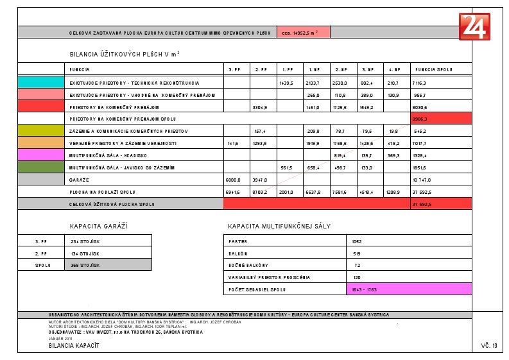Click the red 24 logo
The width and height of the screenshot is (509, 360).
click(x=474, y=26)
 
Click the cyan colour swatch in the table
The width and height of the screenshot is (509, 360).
click(x=40, y=83)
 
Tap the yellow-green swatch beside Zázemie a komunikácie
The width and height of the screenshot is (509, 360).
click(x=40, y=131)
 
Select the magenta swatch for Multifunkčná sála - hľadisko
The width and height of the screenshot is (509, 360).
click(x=40, y=155)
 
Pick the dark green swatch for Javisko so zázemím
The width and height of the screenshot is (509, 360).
click(x=40, y=167)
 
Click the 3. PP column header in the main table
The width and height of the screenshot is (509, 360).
click(x=234, y=69)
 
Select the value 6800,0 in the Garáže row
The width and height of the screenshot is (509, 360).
click(x=234, y=179)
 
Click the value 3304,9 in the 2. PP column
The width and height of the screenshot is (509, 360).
click(x=261, y=107)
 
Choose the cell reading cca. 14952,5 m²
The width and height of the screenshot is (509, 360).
click(x=303, y=32)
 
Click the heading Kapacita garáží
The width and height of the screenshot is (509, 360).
click(x=99, y=227)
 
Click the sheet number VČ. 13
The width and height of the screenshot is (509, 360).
click(x=488, y=346)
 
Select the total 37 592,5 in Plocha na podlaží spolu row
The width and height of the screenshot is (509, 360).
click(x=423, y=191)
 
